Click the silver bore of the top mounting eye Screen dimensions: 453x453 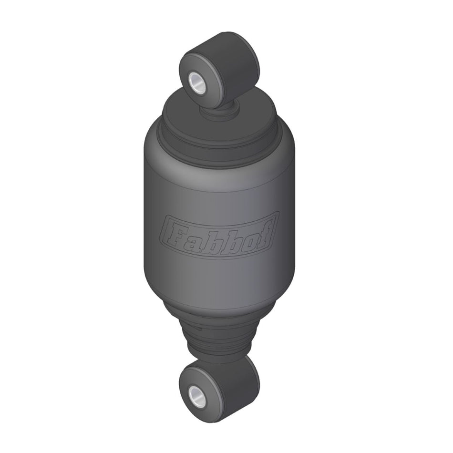[x=196, y=81]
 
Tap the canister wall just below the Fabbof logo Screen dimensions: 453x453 [x=219, y=277]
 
